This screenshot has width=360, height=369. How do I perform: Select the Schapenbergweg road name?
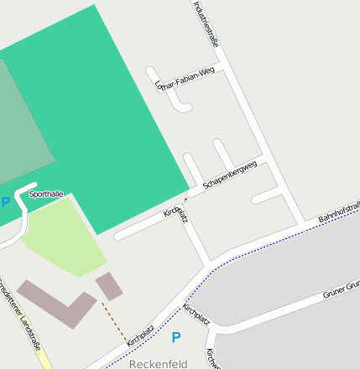pyautogui.click(x=229, y=173)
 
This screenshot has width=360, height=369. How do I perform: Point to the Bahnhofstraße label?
pyautogui.click(x=338, y=210)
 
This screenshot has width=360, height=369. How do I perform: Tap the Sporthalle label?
pyautogui.click(x=46, y=194)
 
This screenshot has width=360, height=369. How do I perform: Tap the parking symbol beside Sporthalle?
pyautogui.click(x=6, y=202)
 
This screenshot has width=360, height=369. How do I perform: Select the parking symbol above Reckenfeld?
pyautogui.click(x=175, y=337)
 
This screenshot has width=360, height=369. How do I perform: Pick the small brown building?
pyautogui.click(x=109, y=286)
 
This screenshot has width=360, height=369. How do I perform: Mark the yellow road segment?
pyautogui.click(x=43, y=356)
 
